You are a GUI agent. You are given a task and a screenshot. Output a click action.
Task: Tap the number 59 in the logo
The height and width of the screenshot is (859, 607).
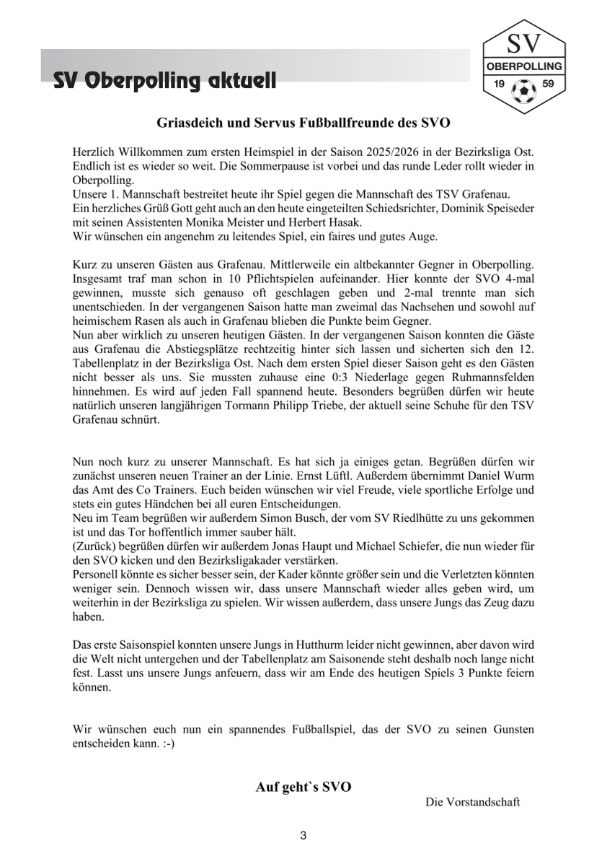[548, 84]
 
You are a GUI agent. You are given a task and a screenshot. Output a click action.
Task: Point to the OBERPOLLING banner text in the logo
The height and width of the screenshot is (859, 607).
[524, 66]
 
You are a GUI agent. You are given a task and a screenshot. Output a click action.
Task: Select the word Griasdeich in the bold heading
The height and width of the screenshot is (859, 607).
[190, 123]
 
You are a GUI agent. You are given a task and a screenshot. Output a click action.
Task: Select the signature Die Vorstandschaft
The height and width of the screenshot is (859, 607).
[473, 802]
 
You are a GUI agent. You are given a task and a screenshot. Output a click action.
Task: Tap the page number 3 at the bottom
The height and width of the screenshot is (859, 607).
[303, 836]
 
